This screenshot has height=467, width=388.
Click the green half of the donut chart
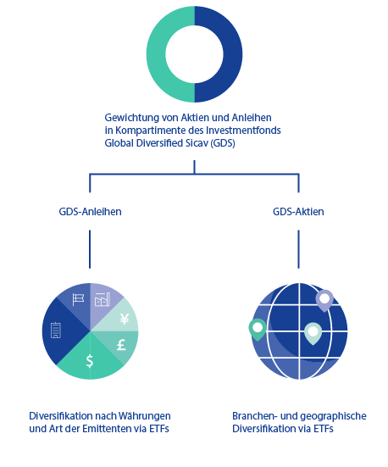pyautogui.click(x=156, y=54)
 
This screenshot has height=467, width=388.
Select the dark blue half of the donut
pyautogui.click(x=233, y=54)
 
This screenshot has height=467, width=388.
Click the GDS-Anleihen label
pyautogui.click(x=90, y=212)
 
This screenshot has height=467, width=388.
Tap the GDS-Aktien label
pyautogui.click(x=298, y=212)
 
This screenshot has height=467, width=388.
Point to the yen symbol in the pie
pyautogui.click(x=125, y=319)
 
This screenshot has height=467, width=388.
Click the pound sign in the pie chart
pyautogui.click(x=121, y=345)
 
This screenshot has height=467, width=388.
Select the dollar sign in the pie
pyautogui.click(x=90, y=361)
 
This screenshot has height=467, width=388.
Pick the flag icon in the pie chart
pyautogui.click(x=78, y=299)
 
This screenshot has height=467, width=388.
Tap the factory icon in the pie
pyautogui.click(x=103, y=299)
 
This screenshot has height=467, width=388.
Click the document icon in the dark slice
pyautogui.click(x=56, y=330)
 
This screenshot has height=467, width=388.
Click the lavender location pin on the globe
pyautogui.click(x=324, y=301)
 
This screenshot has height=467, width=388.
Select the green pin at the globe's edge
pyautogui.click(x=258, y=330)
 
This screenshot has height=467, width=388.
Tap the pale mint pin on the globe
pyautogui.click(x=313, y=333)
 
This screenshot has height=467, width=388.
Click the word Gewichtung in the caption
pyautogui.click(x=131, y=118)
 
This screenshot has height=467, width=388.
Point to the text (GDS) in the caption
pyautogui.click(x=223, y=143)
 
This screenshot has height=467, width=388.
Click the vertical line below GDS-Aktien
pyautogui.click(x=298, y=249)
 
